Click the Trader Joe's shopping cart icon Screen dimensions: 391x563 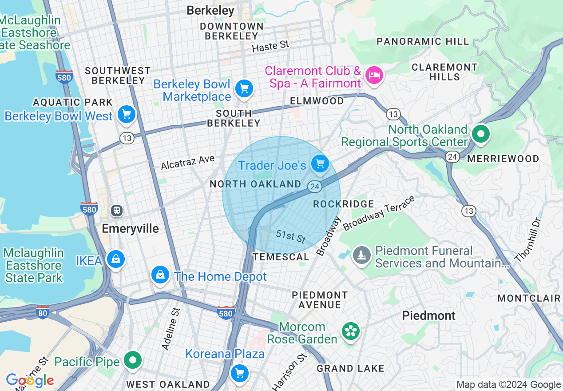tap(320, 164)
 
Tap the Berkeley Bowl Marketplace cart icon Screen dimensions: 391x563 tap(244, 88)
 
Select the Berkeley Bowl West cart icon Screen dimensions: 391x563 tap(127, 115)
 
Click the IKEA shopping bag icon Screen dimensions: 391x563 tap(115, 259)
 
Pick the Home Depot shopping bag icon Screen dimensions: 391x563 tap(160, 275)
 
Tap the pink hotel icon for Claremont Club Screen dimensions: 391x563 tap(373, 75)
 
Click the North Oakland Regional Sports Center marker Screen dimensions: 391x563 tap(480, 134)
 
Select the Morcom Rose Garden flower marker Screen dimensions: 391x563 tap(350, 331)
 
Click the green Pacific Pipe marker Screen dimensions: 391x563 tap(132, 359)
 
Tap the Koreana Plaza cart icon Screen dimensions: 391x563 tap(240, 372)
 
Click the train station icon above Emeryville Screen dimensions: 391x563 tap(117, 210)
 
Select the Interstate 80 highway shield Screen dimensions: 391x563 tap(43, 311)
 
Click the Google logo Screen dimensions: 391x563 tap(30, 380)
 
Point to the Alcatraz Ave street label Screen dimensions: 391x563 tap(187, 163)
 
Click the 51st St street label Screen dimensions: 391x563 tap(291, 236)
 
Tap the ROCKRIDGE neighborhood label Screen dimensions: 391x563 tap(343, 204)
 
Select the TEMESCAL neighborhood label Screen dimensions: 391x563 tap(281, 257)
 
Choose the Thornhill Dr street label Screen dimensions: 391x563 tap(528, 239)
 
